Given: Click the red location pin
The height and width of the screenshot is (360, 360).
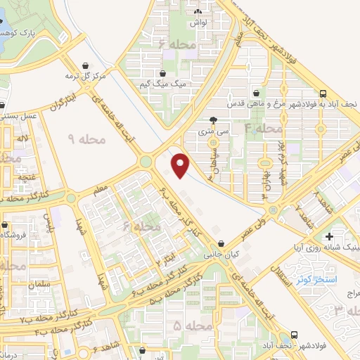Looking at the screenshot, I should point(181,165).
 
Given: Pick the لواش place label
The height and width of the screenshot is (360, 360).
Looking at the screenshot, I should point(197,22).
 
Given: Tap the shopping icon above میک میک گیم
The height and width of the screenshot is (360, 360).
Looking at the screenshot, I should point(163,72).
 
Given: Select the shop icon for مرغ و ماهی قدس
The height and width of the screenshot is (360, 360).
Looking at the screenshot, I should point(256,93).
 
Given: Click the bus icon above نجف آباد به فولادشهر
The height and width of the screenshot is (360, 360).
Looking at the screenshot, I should point(323,94).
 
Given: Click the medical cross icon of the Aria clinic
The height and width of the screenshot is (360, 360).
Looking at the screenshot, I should point(329,235).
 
